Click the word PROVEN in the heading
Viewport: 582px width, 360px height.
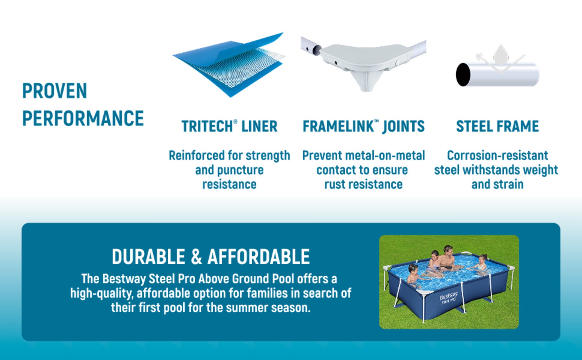55,91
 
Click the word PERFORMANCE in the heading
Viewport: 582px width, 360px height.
83,118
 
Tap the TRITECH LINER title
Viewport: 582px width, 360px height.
230,126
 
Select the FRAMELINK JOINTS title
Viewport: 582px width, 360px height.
363,126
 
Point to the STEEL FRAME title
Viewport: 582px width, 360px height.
497,126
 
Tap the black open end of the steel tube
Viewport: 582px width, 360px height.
463,75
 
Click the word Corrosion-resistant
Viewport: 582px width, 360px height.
497,155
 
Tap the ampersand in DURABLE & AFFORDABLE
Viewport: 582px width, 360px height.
196,257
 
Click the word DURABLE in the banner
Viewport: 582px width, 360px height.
148,257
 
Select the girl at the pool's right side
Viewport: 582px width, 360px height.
481,263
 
